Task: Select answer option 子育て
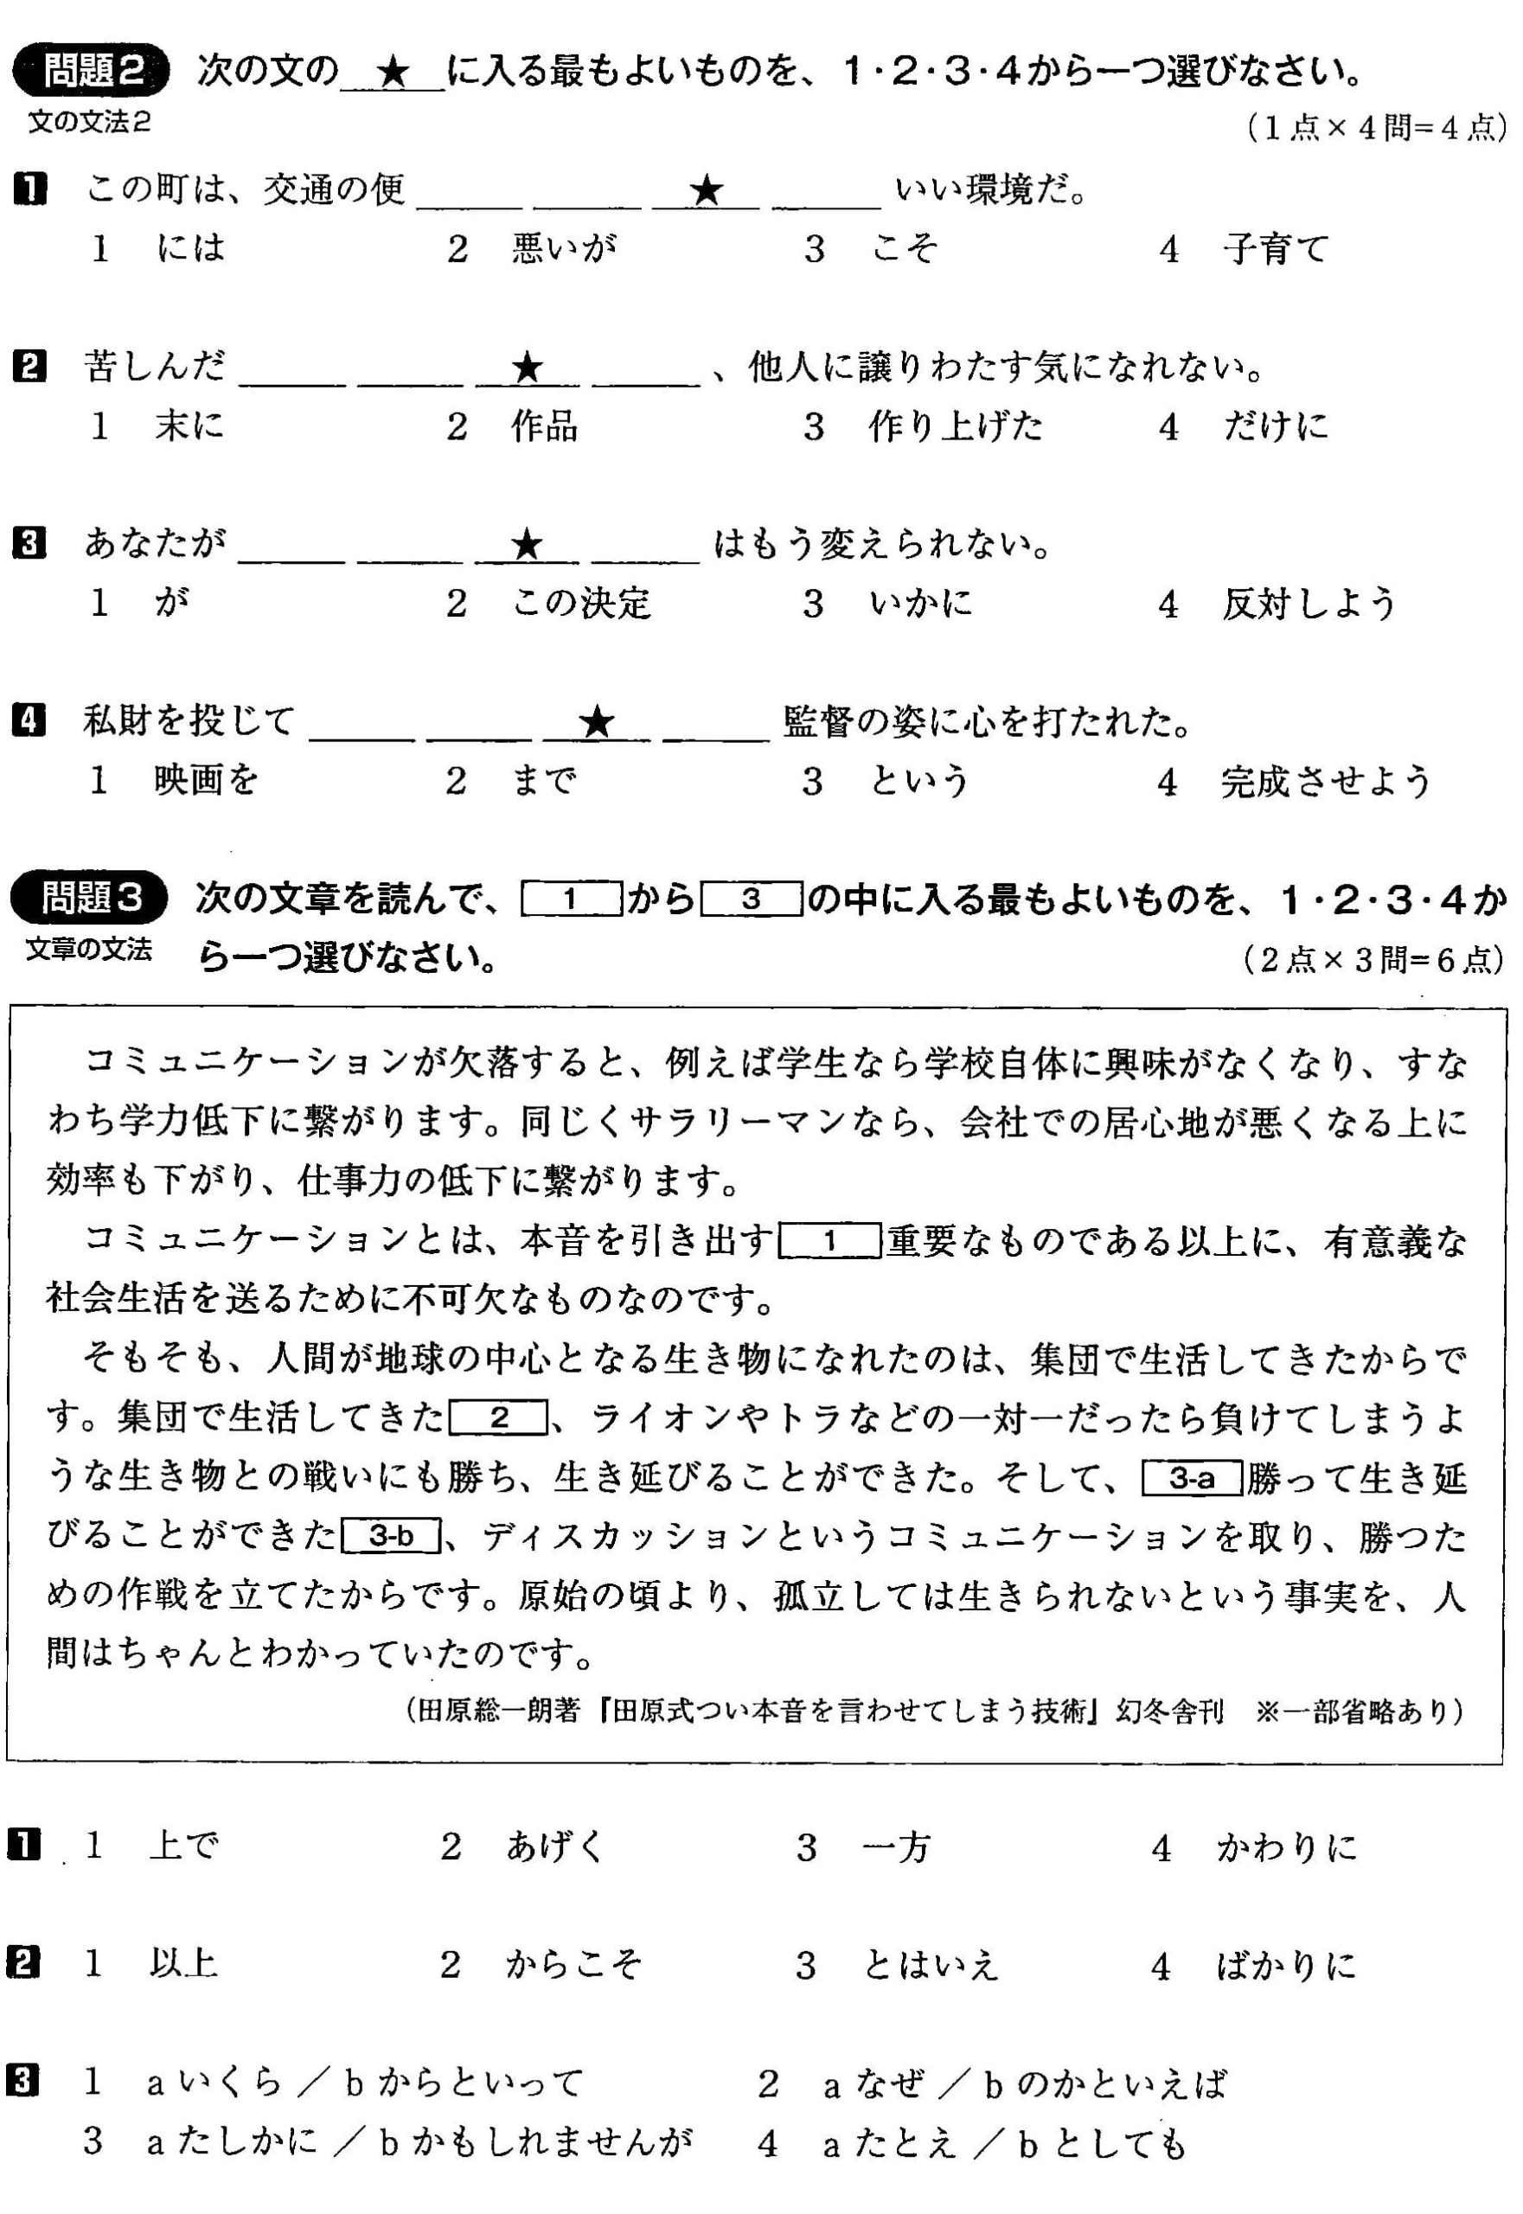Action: point(1275,250)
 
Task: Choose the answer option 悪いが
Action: point(564,250)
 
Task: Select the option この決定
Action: point(581,603)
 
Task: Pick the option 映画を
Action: point(206,782)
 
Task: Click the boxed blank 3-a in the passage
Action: point(1192,1479)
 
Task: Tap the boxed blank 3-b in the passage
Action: point(390,1537)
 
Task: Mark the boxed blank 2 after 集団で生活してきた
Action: point(499,1419)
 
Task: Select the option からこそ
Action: point(573,1965)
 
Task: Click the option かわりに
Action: point(1286,1847)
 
